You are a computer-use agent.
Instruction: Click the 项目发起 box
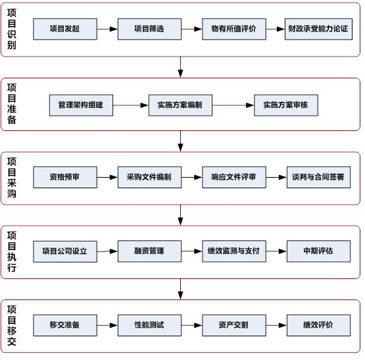click(64, 29)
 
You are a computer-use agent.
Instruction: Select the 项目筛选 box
click(149, 29)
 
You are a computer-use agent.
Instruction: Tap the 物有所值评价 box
click(233, 29)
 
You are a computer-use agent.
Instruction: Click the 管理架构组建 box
click(81, 105)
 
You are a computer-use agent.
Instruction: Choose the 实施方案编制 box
click(180, 105)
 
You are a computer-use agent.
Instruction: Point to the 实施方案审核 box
click(286, 105)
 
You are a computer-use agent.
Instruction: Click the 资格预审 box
click(64, 177)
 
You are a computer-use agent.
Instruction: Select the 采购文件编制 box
click(149, 177)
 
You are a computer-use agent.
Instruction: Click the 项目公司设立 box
click(64, 251)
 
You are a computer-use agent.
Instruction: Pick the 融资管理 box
click(149, 251)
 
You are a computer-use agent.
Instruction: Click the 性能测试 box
click(149, 324)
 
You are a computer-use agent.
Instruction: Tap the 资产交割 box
click(233, 324)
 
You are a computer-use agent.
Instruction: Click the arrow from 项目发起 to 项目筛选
click(107, 29)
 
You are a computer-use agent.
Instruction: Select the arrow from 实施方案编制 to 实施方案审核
click(233, 105)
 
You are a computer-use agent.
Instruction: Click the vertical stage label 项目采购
click(12, 178)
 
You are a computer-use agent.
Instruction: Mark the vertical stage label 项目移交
click(12, 325)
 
